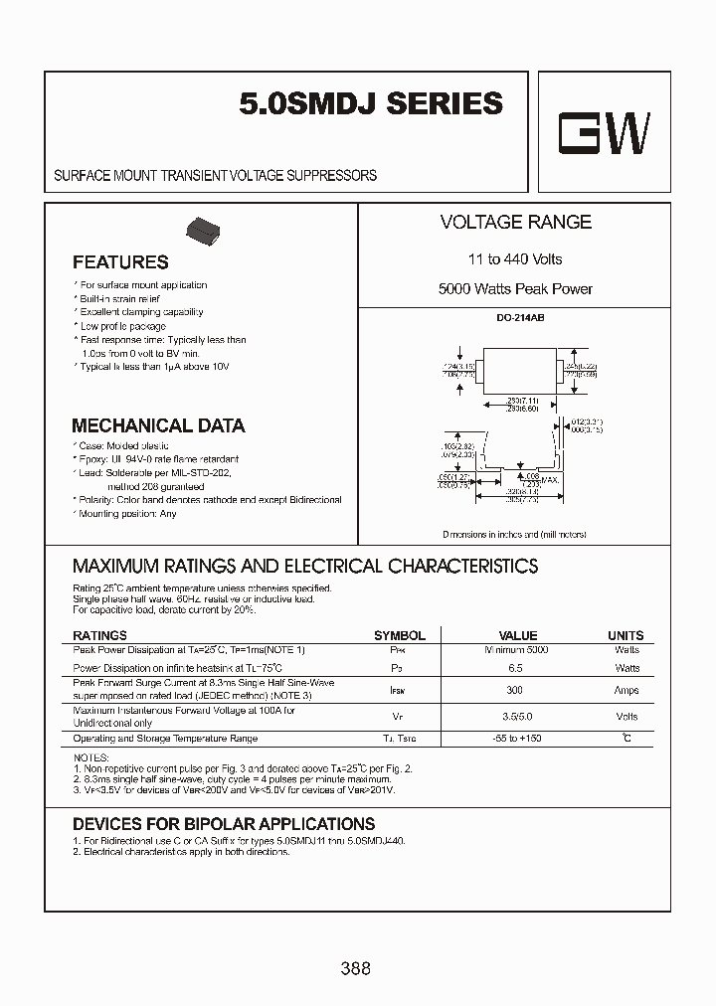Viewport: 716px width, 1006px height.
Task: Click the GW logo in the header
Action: click(604, 133)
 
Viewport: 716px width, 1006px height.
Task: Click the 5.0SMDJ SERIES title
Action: click(371, 104)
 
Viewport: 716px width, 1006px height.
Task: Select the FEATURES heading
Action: click(120, 262)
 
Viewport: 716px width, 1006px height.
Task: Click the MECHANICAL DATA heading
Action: click(158, 425)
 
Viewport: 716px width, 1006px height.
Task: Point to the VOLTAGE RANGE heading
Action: click(515, 223)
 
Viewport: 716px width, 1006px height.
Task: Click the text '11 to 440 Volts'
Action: click(515, 259)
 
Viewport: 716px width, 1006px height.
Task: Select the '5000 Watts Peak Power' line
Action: click(515, 289)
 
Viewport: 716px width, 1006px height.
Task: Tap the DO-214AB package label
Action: click(514, 317)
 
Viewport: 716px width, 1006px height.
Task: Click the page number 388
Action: click(355, 968)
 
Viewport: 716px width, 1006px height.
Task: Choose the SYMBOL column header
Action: click(399, 635)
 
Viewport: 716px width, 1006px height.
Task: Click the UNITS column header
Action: click(626, 635)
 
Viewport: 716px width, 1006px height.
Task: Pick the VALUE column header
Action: click(517, 635)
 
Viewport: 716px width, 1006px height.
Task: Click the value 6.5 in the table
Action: click(515, 668)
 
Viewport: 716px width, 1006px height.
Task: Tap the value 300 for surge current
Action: click(515, 689)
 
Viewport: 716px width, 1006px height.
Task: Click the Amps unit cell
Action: click(626, 689)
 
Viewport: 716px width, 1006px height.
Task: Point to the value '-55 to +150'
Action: click(516, 739)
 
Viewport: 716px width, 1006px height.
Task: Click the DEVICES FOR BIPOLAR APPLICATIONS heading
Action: click(224, 824)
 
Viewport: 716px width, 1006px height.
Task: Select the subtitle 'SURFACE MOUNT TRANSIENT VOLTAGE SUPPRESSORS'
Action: click(215, 175)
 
